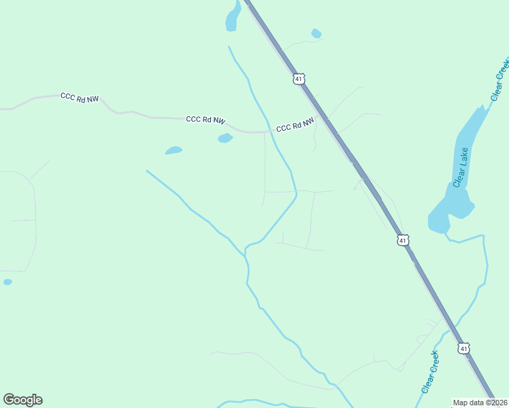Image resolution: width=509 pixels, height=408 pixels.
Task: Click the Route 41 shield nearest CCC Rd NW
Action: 299,80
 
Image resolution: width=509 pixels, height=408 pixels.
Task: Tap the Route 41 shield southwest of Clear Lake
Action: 403,240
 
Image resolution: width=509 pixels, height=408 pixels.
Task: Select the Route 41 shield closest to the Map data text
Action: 463,348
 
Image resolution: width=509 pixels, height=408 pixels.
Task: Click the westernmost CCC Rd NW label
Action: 80,98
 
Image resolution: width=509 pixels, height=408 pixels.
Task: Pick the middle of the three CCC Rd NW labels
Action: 206,120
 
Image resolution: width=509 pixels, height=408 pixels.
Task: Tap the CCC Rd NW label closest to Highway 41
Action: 295,125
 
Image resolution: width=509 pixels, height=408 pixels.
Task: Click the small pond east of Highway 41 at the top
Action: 316,33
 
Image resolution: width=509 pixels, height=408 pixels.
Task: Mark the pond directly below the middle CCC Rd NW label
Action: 225,139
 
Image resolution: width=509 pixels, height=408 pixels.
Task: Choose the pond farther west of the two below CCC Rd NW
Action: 174,150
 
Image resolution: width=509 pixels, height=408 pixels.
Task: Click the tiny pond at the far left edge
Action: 7,282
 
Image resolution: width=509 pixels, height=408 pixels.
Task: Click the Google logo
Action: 22,400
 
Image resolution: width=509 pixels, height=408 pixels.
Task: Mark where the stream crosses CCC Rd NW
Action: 270,131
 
